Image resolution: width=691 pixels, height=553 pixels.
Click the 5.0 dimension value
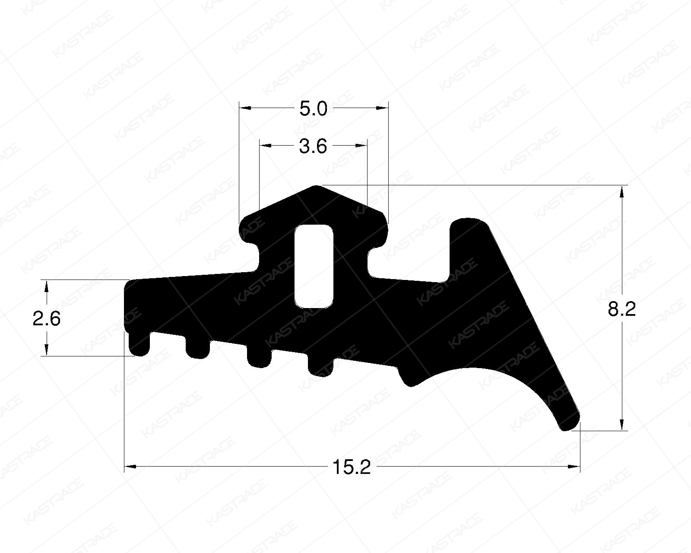tap(314, 109)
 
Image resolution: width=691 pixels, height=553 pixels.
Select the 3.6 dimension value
tap(314, 147)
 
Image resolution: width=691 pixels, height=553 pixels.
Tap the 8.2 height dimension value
tap(622, 309)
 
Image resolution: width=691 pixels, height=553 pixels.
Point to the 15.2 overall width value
tap(352, 467)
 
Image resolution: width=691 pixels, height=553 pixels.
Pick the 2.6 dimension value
tap(47, 319)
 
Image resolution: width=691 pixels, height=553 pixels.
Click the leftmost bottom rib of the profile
tap(139, 346)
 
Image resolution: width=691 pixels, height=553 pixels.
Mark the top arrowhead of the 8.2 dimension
tap(622, 191)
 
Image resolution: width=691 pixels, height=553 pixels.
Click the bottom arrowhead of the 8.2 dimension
tap(622, 426)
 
